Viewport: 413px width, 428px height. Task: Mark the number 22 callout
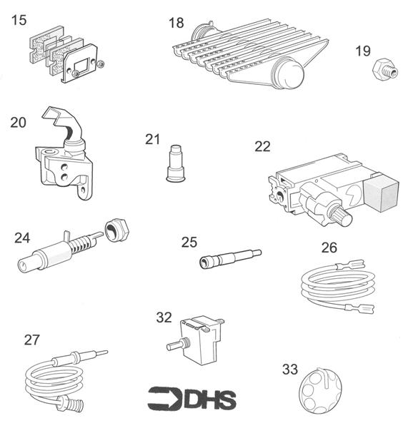262,147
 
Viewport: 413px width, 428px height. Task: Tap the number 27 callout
31,340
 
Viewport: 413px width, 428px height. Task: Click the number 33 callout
289,369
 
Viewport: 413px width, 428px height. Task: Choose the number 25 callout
189,243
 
